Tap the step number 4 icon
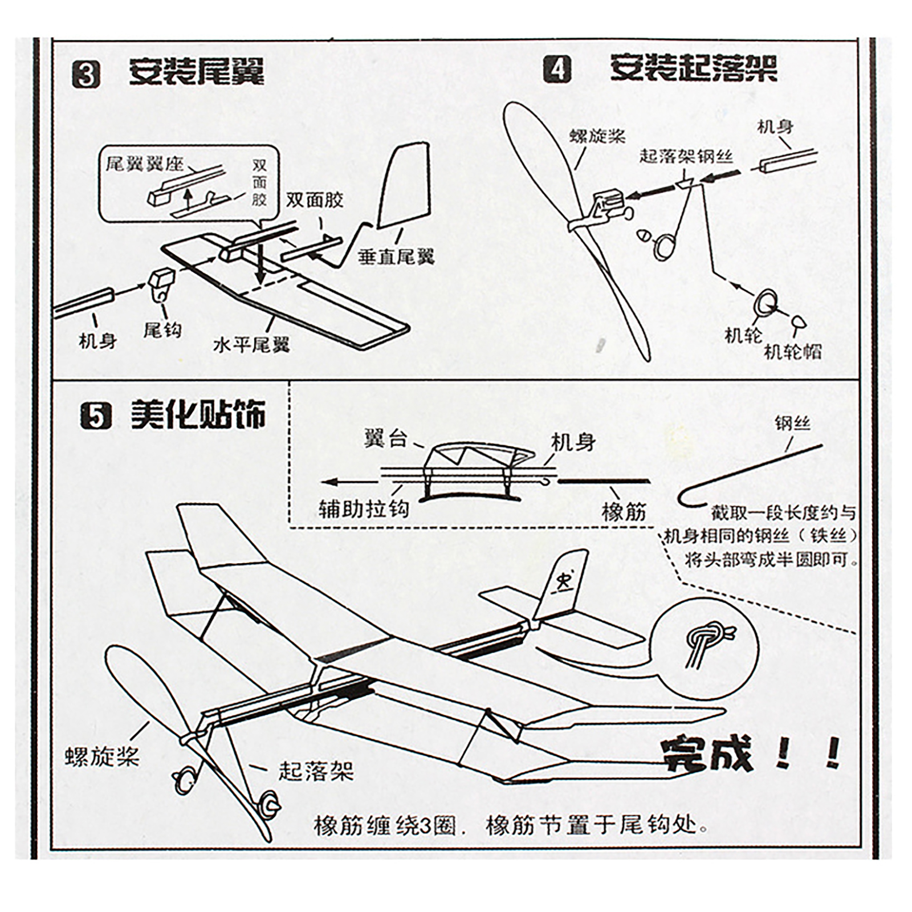557,70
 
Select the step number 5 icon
95,416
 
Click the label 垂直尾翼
396,256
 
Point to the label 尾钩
162,329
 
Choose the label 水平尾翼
251,344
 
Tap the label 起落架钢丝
686,156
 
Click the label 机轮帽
792,351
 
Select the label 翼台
385,439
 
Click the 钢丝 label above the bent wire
792,424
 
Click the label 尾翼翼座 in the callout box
144,164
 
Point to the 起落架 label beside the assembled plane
316,771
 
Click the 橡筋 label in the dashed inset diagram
624,512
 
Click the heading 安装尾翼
197,73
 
